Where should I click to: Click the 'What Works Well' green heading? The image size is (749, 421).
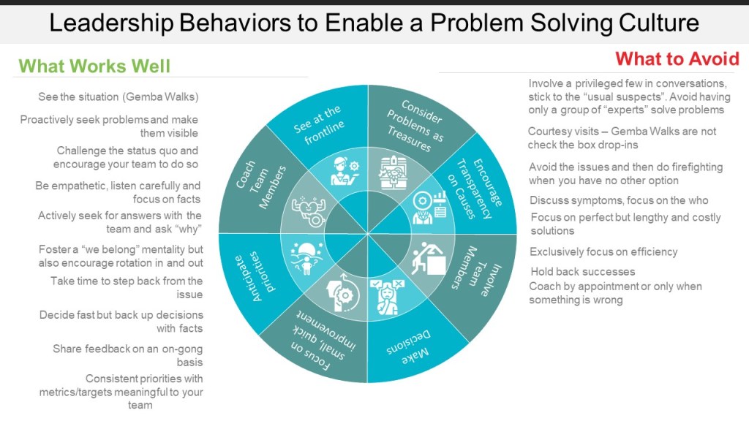(94, 67)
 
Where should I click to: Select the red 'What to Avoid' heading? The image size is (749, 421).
(677, 59)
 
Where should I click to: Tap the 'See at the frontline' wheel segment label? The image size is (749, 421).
(318, 124)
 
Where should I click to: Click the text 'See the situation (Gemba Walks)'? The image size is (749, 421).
(118, 97)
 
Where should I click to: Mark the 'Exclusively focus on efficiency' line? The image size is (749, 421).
(603, 252)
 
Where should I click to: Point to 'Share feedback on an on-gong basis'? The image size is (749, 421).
(127, 355)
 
